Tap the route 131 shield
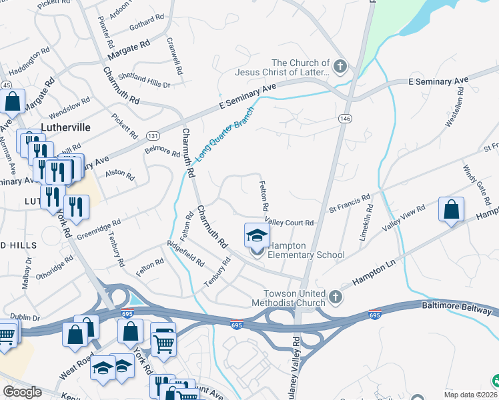(x=153, y=135)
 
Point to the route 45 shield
(x=5, y=85)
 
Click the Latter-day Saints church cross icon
(x=340, y=66)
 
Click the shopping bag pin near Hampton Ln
(x=451, y=209)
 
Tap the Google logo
(x=22, y=392)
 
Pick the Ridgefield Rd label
(x=185, y=253)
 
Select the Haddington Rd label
(x=29, y=60)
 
